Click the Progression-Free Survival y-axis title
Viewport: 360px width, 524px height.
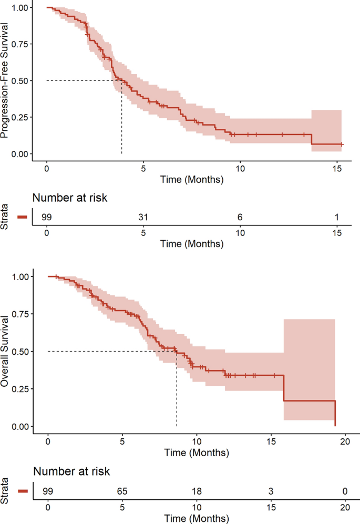4,80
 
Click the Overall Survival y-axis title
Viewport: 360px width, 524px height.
4,352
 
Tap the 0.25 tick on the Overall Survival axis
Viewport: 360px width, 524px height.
20,389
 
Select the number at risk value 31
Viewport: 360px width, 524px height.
143,217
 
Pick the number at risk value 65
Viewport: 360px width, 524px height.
122,491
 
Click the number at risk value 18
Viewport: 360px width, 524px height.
197,491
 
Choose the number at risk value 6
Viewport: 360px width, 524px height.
240,217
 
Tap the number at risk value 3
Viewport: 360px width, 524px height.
271,491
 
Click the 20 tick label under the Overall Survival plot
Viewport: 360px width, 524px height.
345,441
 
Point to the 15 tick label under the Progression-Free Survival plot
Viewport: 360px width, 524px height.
337,168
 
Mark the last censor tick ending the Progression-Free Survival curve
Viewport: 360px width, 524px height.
342,145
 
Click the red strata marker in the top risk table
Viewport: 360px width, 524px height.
23,217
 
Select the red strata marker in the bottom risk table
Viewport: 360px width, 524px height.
23,491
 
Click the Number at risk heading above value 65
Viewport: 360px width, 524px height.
71,471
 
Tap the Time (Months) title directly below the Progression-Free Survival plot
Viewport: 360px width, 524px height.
192,179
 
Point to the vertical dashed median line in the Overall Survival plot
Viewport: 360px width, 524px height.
177,389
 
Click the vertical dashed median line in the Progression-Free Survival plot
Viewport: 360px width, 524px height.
122,117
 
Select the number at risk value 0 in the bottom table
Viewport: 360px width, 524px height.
345,491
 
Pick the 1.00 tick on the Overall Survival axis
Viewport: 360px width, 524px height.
20,276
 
